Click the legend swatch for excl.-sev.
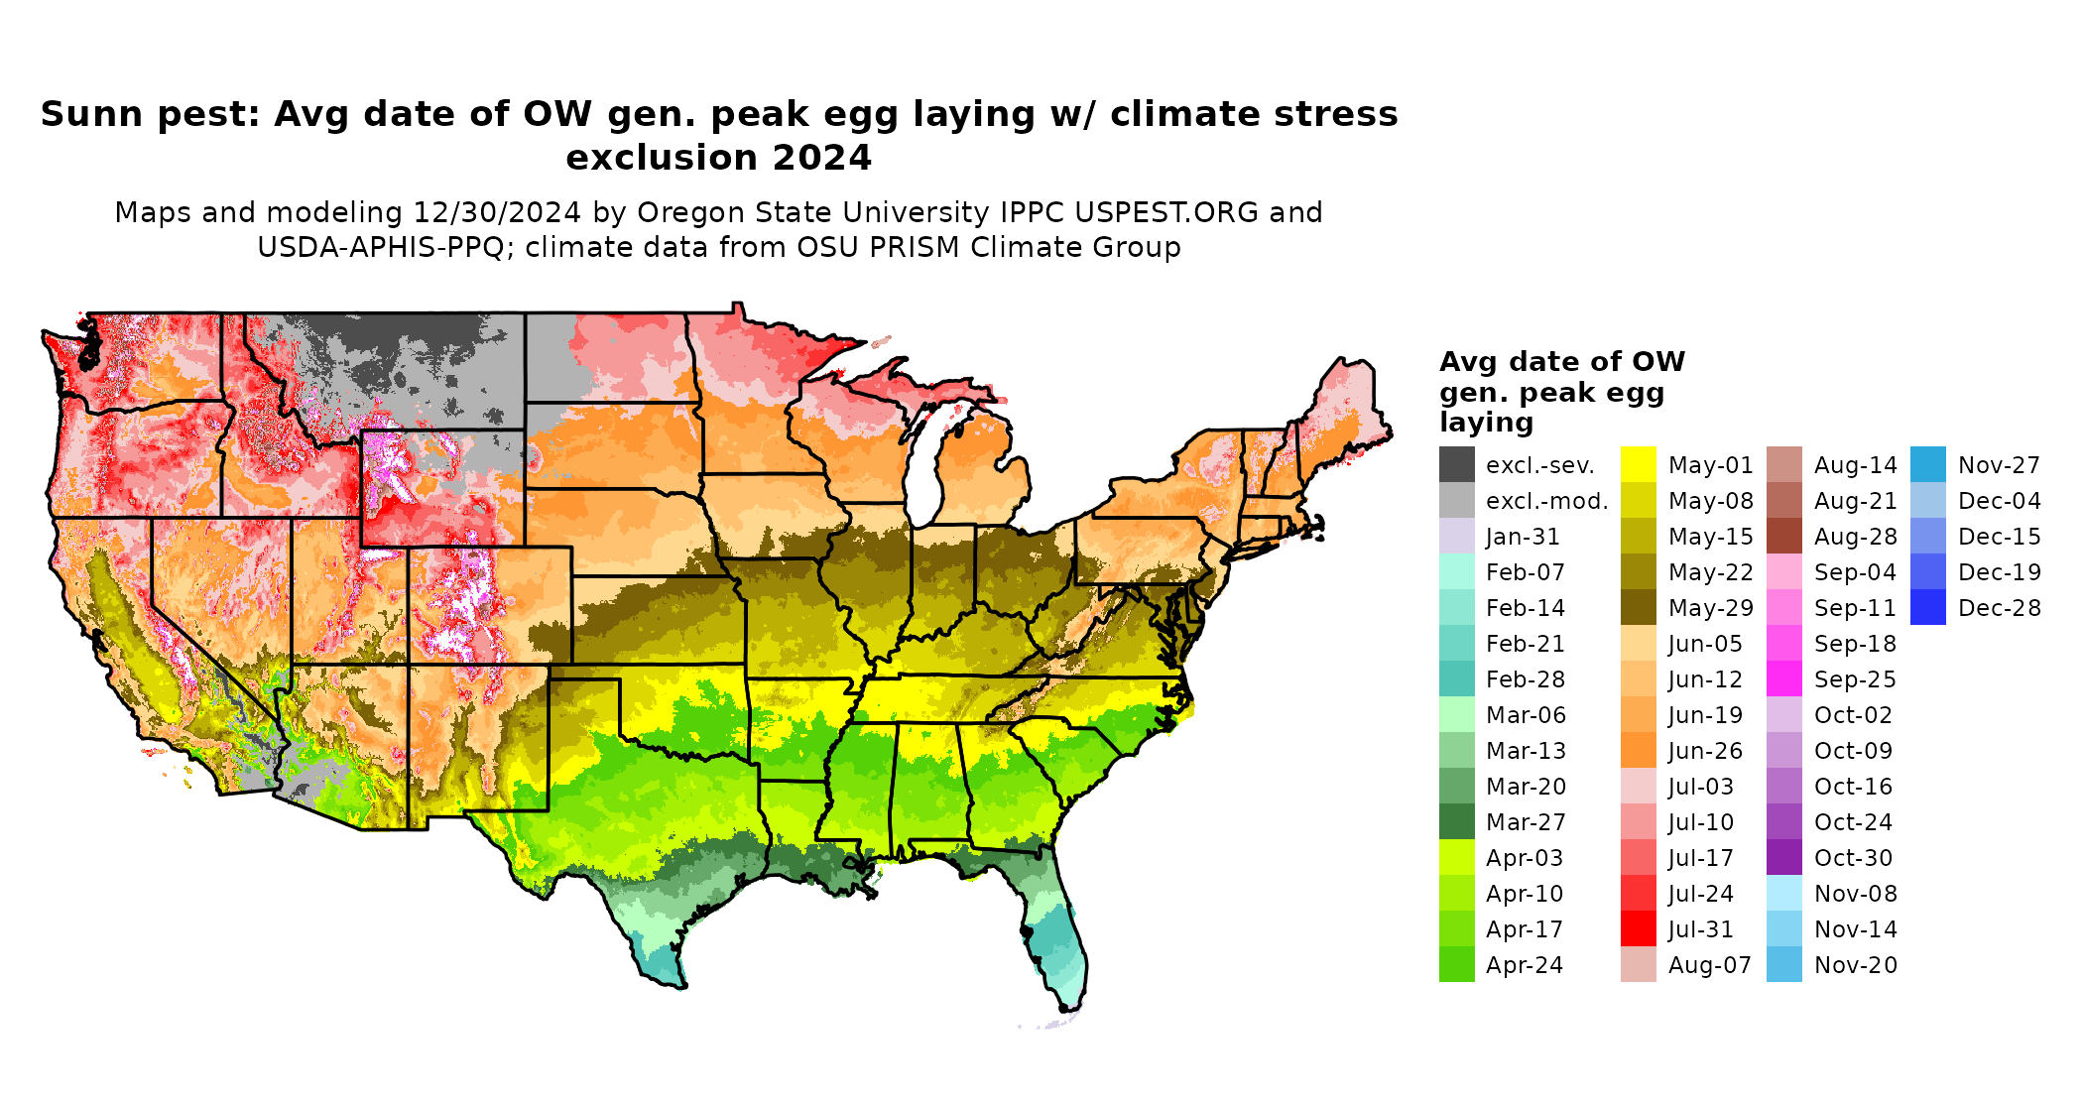point(1456,464)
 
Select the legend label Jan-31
point(1523,537)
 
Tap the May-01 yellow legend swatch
point(1638,464)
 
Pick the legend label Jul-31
point(1700,929)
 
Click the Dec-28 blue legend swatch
point(1927,607)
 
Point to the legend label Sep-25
point(1855,679)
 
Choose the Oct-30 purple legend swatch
point(1783,857)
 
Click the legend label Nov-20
point(1855,965)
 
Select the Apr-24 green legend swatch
point(1456,964)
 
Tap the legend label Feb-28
point(1525,679)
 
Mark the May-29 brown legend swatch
point(1638,607)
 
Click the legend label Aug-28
point(1855,537)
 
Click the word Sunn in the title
point(82,114)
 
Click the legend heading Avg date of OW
point(1561,361)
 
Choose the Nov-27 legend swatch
point(1927,464)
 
